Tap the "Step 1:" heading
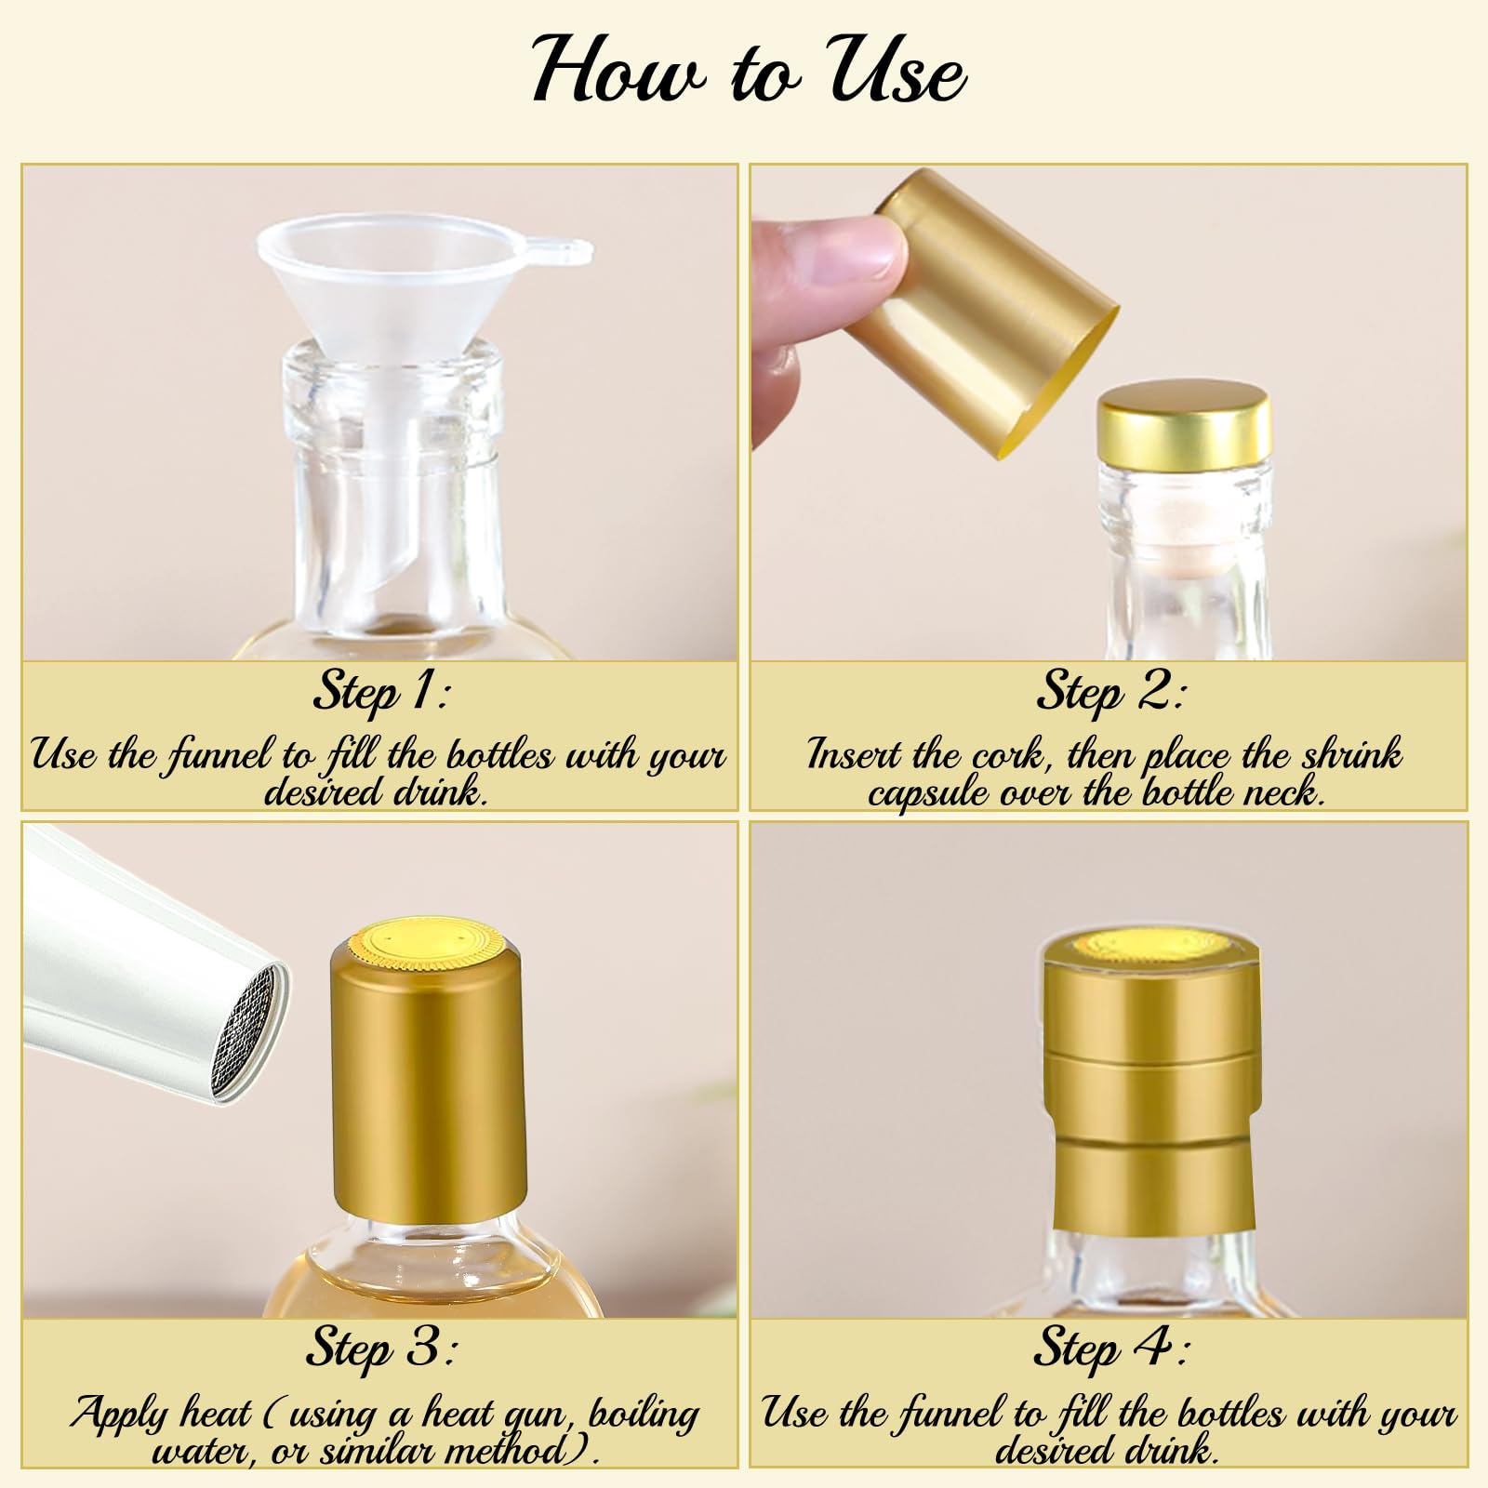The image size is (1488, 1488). (x=381, y=693)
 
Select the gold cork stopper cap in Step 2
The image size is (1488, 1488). (x=1186, y=422)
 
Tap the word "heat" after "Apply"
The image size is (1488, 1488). (x=215, y=1414)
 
